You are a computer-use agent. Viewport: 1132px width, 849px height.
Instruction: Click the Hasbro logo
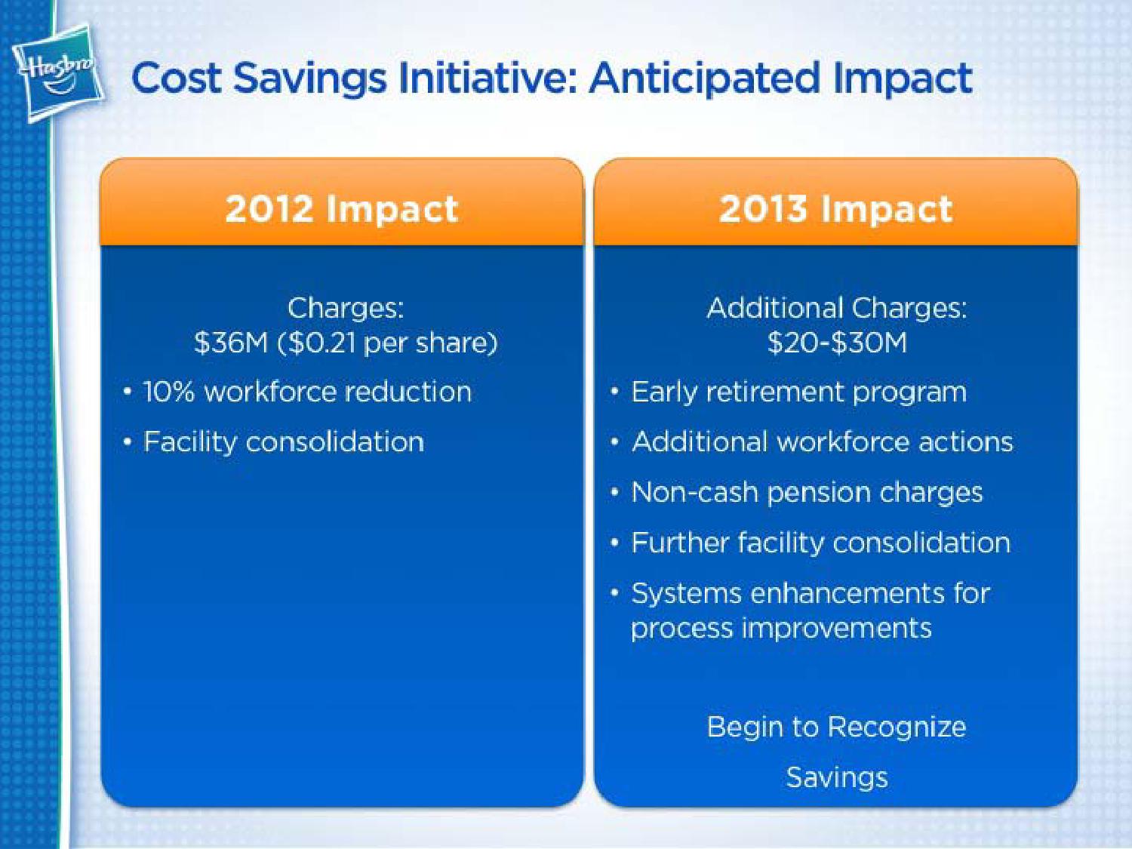point(58,72)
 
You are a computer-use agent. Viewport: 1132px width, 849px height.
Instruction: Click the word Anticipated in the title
point(704,79)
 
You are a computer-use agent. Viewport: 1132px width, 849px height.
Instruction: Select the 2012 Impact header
point(341,209)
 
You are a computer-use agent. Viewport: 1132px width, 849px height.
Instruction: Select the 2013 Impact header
point(835,209)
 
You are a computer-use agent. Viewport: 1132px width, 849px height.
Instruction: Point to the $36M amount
point(231,343)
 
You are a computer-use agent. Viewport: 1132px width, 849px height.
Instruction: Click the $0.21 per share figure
point(388,343)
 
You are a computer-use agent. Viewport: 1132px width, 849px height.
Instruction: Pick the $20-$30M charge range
point(836,343)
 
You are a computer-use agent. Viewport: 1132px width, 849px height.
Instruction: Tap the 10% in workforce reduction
point(168,392)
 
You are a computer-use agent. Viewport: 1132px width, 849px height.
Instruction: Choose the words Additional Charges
point(836,308)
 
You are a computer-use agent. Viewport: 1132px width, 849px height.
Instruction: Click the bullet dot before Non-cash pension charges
point(614,492)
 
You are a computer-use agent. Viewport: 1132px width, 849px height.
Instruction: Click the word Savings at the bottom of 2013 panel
point(836,777)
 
